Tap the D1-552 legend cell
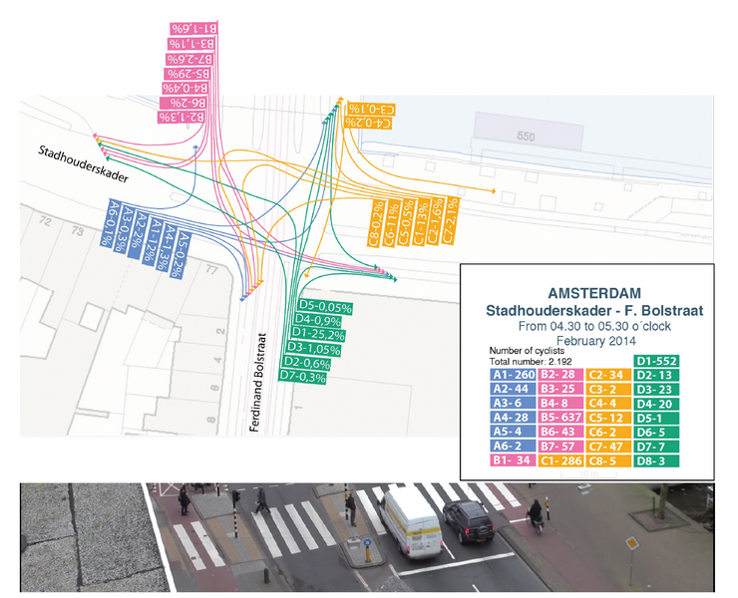(x=656, y=361)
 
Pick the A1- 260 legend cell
(x=513, y=375)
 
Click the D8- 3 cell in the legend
(x=656, y=460)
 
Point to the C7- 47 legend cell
(x=611, y=447)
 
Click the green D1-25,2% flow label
(x=320, y=334)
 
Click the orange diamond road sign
(x=630, y=544)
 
